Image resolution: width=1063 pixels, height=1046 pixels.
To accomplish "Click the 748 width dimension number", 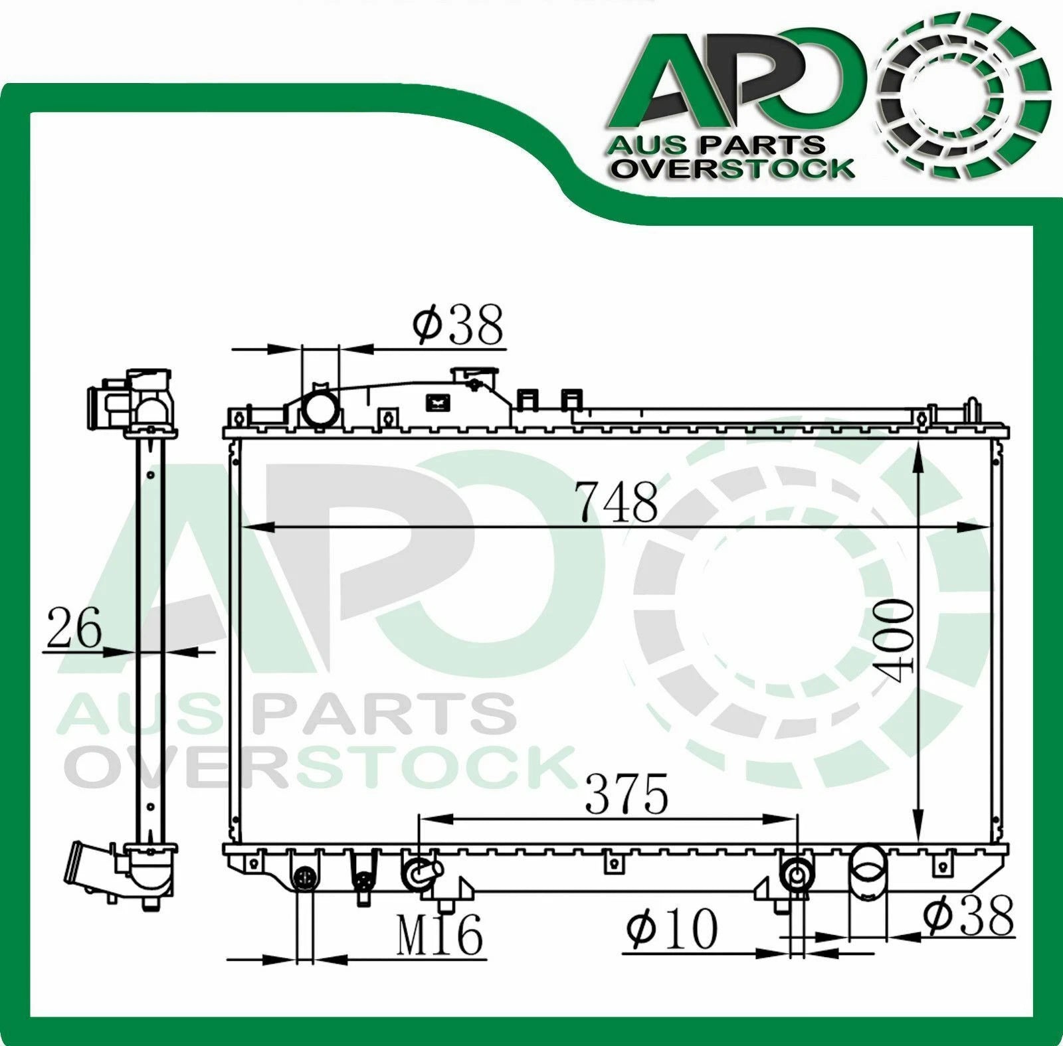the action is point(617,503).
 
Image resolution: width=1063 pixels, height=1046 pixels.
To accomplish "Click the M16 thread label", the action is point(440,936).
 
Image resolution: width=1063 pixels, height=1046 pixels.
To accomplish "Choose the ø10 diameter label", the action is point(672,928).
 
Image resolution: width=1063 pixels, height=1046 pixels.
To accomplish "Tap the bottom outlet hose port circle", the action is point(868,865).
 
